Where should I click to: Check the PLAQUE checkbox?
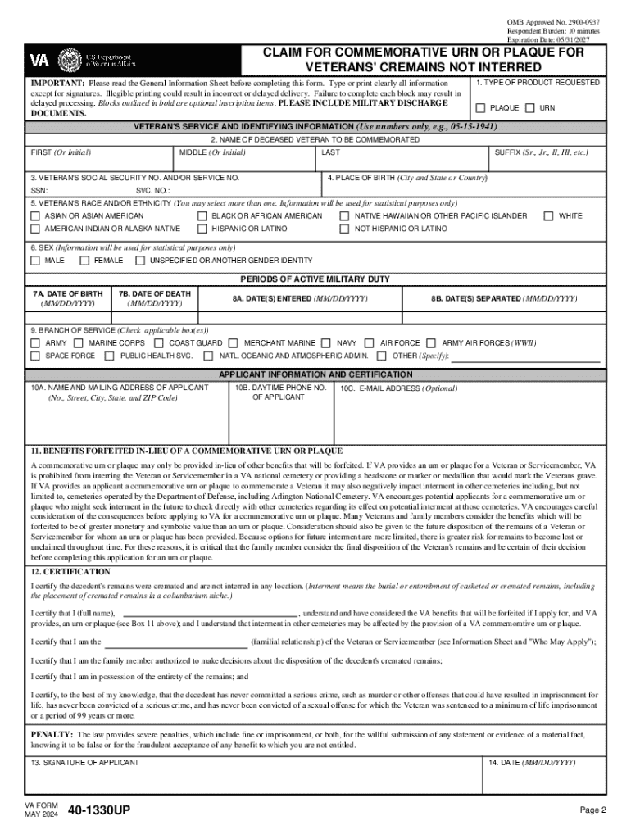click(x=480, y=108)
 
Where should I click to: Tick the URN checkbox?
click(x=529, y=108)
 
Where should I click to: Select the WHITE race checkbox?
click(x=549, y=215)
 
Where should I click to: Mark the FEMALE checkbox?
click(x=84, y=261)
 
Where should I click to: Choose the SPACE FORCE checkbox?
click(x=35, y=356)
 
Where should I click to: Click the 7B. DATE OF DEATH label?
click(x=154, y=293)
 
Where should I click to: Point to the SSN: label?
click(x=39, y=189)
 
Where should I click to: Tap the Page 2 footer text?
click(x=592, y=810)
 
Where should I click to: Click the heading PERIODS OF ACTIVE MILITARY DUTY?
click(x=315, y=279)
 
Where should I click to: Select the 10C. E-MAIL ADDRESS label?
click(x=399, y=388)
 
